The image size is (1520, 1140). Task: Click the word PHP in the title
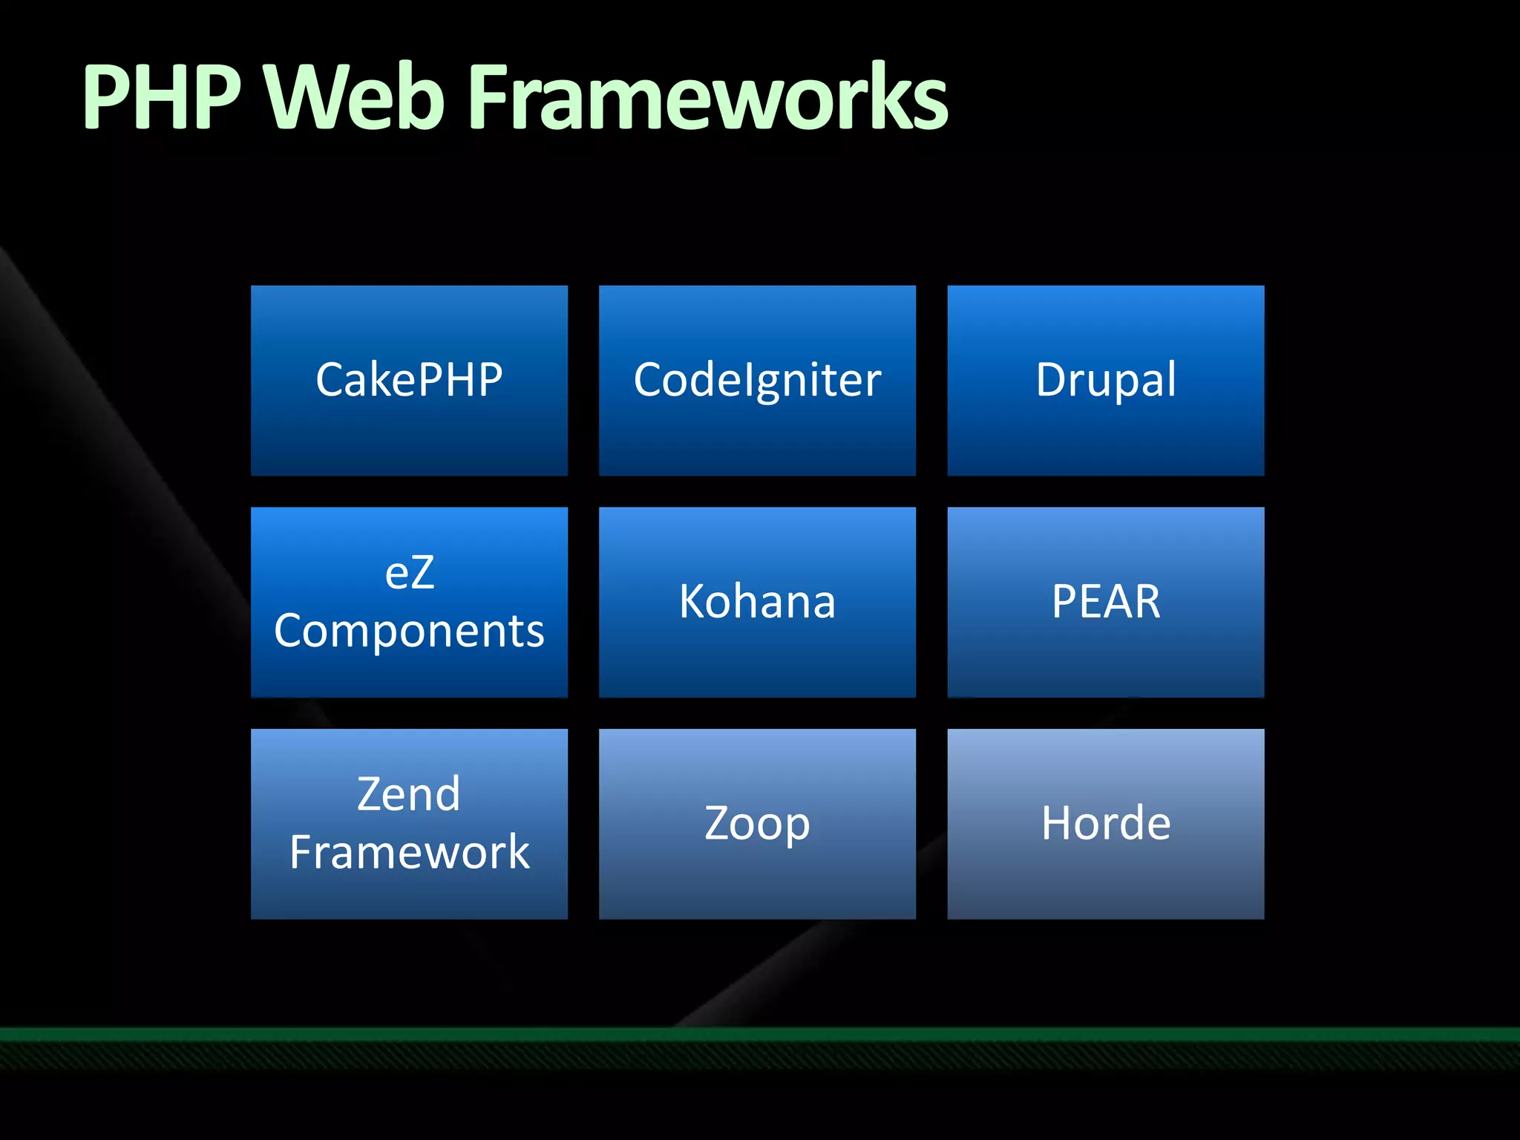(x=162, y=98)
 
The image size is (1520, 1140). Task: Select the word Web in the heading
(x=355, y=98)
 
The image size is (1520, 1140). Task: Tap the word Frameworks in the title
(x=709, y=98)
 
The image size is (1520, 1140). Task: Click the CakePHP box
(x=409, y=380)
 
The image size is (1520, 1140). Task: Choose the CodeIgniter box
(x=757, y=380)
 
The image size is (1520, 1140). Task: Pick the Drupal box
(x=1106, y=380)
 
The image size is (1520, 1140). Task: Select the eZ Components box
(x=409, y=602)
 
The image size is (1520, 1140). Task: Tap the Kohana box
(x=757, y=602)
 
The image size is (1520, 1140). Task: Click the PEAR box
(x=1106, y=602)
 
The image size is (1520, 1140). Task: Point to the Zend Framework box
(x=409, y=824)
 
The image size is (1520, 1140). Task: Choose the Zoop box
(x=757, y=824)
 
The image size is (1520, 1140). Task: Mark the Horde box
(x=1106, y=824)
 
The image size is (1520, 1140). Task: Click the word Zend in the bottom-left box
(x=409, y=794)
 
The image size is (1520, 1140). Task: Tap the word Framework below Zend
(x=409, y=852)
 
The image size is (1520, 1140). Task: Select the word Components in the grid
(x=409, y=632)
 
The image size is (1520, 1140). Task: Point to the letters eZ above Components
(x=409, y=573)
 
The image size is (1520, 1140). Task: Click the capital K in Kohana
(x=694, y=601)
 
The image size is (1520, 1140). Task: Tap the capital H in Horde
(x=1057, y=823)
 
